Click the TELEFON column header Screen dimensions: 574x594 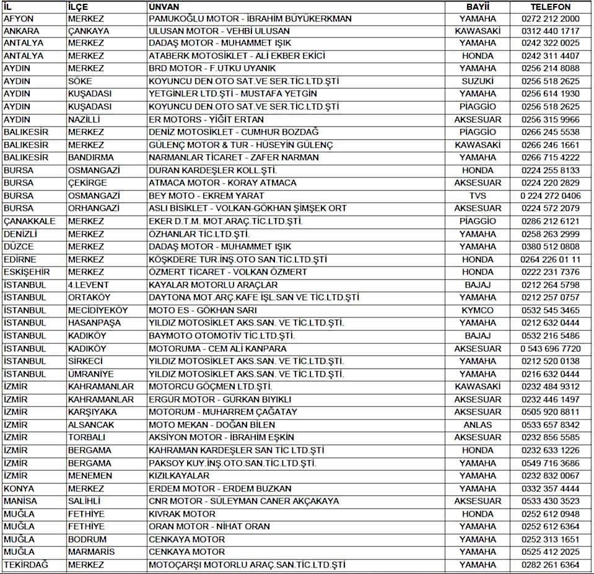pyautogui.click(x=550, y=6)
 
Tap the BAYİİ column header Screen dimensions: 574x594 pyautogui.click(x=478, y=6)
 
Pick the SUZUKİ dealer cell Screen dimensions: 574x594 pyautogui.click(x=478, y=81)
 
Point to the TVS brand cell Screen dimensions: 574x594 pyautogui.click(x=478, y=196)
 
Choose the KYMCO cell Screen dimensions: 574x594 pyautogui.click(x=478, y=310)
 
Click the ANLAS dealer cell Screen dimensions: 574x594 pyautogui.click(x=478, y=425)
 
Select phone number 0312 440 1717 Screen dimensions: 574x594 pyautogui.click(x=550, y=31)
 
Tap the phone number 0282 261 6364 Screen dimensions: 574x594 pyautogui.click(x=550, y=565)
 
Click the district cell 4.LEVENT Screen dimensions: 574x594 pyautogui.click(x=88, y=285)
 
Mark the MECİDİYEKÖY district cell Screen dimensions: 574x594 pyautogui.click(x=97, y=310)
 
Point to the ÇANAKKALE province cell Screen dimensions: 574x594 pyautogui.click(x=30, y=221)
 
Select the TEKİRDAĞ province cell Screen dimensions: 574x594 pyautogui.click(x=26, y=565)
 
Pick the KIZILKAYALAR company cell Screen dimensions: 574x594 pyautogui.click(x=179, y=476)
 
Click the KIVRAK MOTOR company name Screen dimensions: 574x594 pyautogui.click(x=182, y=514)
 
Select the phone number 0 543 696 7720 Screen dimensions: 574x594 pyautogui.click(x=550, y=349)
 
